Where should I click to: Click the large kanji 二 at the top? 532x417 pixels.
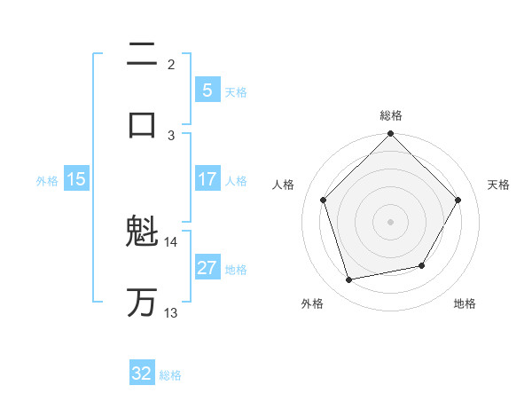click(x=142, y=55)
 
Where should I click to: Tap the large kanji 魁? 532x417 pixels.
click(x=142, y=234)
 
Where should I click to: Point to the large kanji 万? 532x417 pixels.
click(x=142, y=303)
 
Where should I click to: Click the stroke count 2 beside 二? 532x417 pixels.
click(x=171, y=65)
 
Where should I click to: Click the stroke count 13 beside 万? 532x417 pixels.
click(x=171, y=312)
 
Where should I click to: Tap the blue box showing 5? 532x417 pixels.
click(x=207, y=90)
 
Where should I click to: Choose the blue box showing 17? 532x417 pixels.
click(x=207, y=179)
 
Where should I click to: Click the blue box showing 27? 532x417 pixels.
click(x=207, y=268)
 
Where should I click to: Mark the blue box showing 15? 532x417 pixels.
click(x=76, y=179)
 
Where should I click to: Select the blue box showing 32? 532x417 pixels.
click(x=142, y=374)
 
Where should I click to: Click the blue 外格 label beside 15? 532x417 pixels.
click(x=47, y=180)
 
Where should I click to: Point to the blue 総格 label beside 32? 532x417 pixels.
click(x=170, y=375)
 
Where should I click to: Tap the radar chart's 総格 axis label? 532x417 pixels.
click(x=390, y=115)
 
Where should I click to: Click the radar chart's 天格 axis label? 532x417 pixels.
click(x=498, y=185)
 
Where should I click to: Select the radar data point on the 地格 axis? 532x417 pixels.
click(x=422, y=265)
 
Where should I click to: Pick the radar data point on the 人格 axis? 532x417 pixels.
click(x=324, y=200)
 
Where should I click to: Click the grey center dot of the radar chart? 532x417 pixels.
click(x=390, y=221)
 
